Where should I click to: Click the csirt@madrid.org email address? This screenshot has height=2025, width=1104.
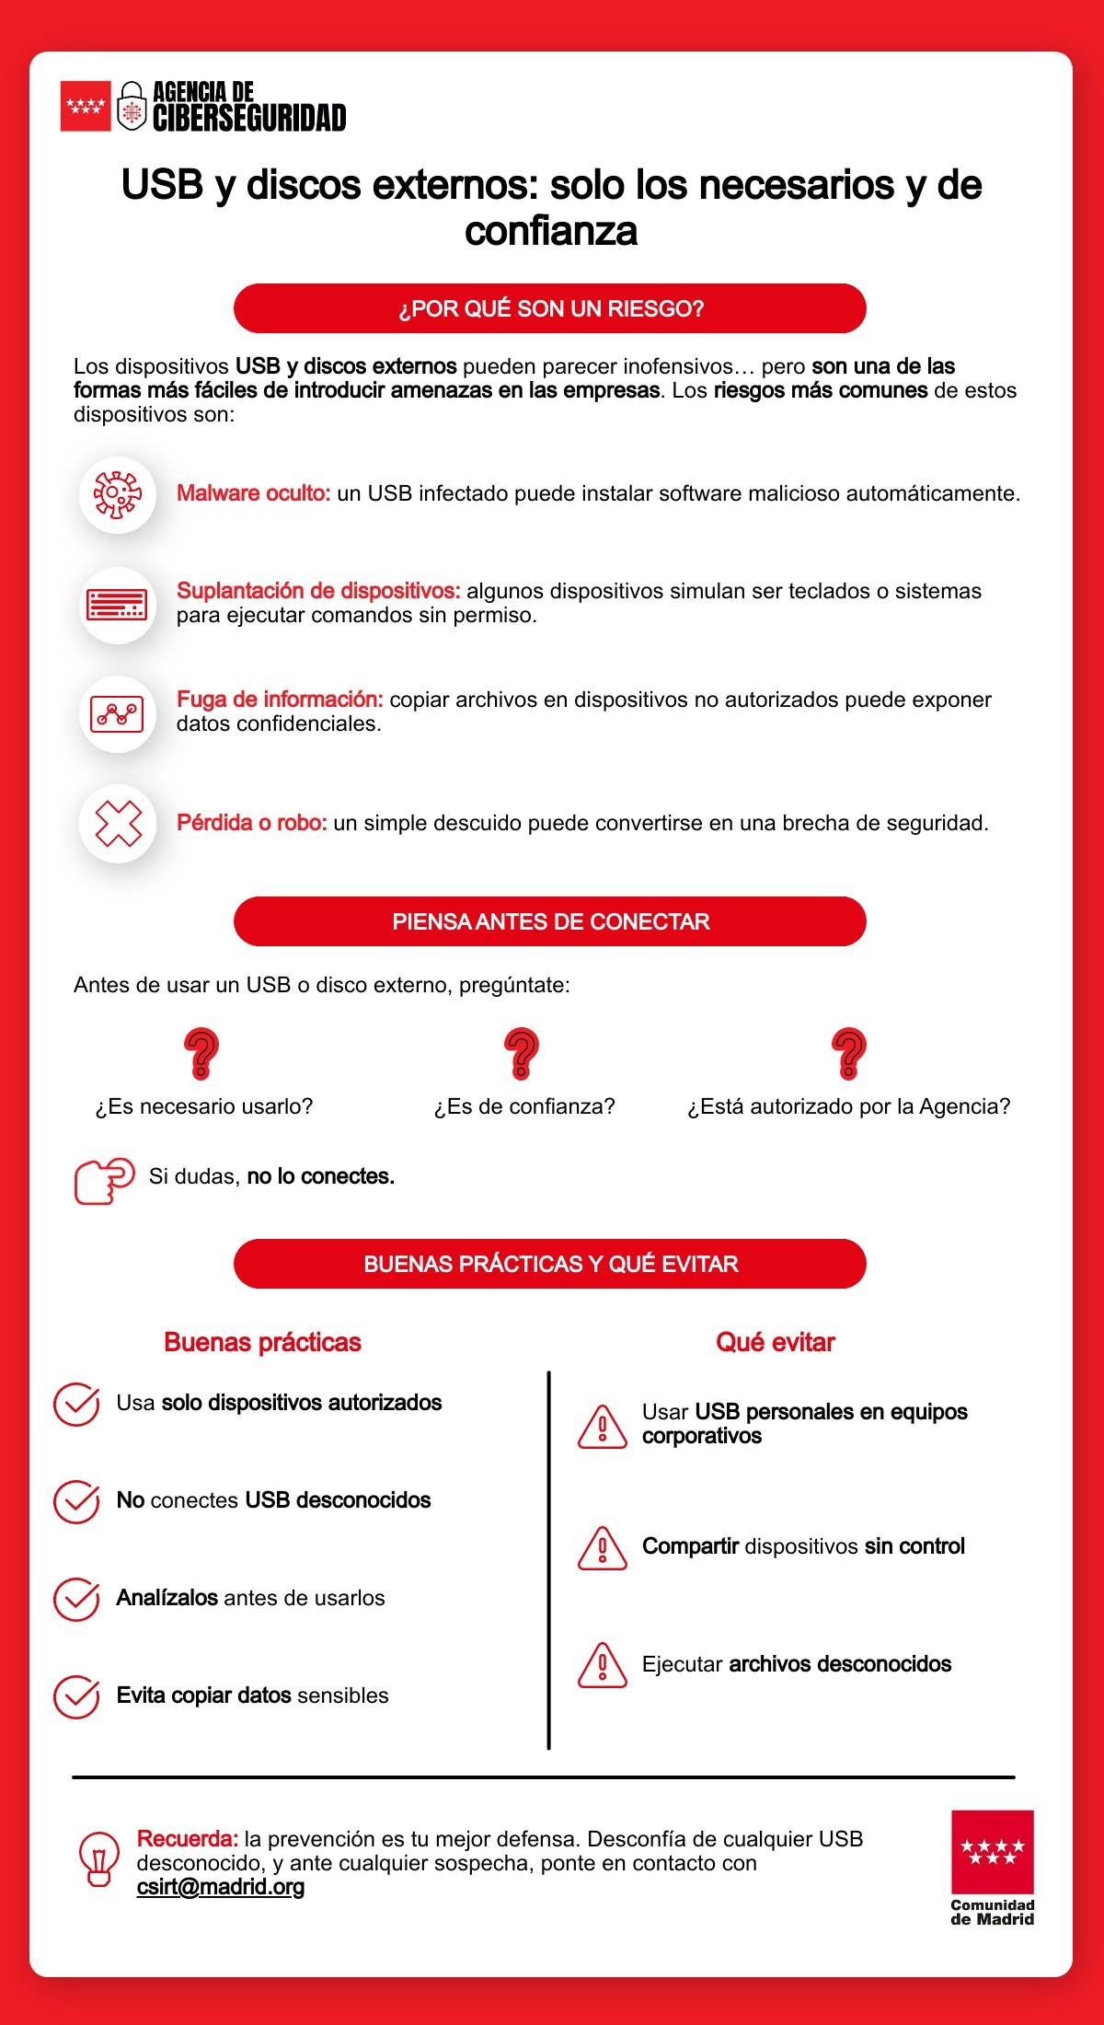coord(221,1887)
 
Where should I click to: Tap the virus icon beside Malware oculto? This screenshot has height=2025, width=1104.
coord(118,494)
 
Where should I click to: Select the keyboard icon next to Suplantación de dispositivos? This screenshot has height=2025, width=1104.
coord(118,604)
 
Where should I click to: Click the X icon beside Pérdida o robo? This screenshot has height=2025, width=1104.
coord(118,823)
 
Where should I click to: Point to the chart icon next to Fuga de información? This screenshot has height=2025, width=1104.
coord(118,713)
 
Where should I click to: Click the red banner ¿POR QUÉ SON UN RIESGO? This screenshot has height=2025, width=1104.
coord(550,308)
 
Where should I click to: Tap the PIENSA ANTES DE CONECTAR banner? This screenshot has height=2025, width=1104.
coord(550,921)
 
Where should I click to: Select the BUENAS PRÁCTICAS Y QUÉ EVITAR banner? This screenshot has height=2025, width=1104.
coord(550,1264)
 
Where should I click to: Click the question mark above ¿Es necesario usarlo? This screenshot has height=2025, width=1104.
coord(201,1054)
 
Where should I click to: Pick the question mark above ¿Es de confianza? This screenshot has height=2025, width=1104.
coord(522,1054)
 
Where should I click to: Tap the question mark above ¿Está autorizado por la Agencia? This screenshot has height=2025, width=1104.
coord(848,1054)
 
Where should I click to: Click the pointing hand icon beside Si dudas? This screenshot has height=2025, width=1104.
coord(103,1180)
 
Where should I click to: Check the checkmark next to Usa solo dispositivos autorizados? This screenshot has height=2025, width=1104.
coord(76,1405)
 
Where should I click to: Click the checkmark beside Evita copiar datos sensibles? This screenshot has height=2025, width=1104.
coord(76,1697)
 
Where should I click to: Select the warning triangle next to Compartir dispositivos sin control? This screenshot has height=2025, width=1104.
coord(603,1548)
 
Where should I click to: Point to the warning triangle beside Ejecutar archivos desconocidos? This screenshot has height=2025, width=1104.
coord(603,1666)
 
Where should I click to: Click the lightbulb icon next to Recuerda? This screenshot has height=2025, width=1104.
coord(98,1860)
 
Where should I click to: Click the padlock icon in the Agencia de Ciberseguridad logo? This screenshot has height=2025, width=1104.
coord(132,107)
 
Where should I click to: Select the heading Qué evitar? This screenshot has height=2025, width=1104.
coord(775,1342)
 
